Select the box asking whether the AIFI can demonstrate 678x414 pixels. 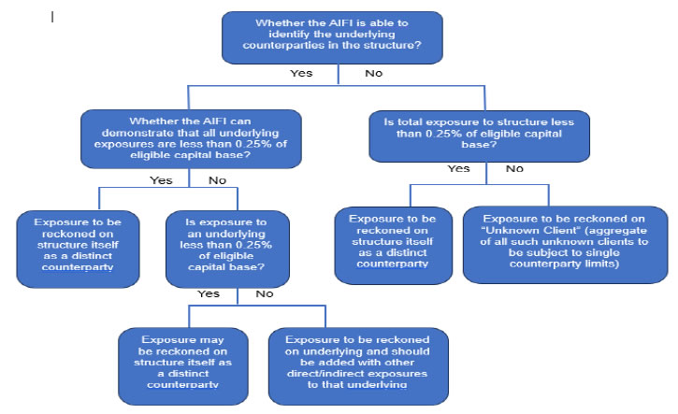click(190, 139)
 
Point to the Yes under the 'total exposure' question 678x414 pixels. click(458, 169)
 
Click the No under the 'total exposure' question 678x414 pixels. click(513, 169)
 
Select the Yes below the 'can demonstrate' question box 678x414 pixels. click(160, 179)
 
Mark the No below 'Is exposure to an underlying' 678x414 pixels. click(265, 293)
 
